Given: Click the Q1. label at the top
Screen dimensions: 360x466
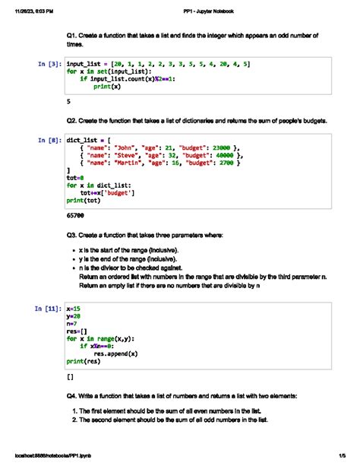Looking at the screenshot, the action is coord(73,35).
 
